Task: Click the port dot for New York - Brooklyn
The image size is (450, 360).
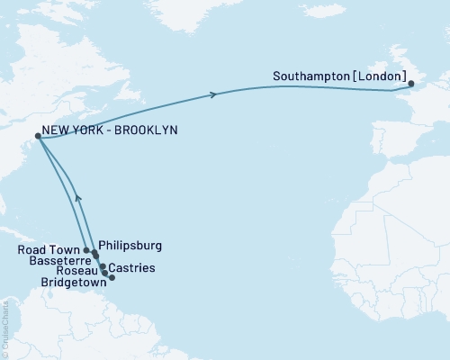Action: click(x=37, y=137)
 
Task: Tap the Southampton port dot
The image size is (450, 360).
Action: click(x=411, y=85)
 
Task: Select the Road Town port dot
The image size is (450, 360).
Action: click(x=86, y=250)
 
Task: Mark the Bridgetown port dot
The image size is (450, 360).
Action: click(x=112, y=277)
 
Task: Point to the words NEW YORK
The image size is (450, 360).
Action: click(x=73, y=130)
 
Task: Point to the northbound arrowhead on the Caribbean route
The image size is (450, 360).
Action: click(x=78, y=196)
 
